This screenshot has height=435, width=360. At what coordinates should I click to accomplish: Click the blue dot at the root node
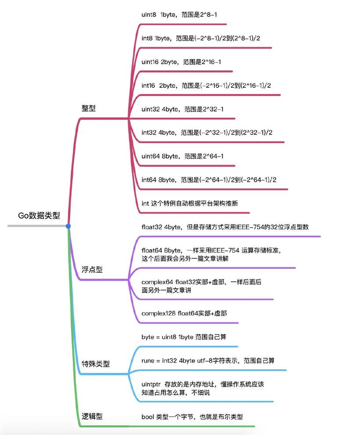68,226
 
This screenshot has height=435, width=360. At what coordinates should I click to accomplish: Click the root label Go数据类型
39,215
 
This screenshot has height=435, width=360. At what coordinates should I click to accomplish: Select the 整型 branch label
88,108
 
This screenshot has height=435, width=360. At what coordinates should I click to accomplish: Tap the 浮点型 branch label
92,269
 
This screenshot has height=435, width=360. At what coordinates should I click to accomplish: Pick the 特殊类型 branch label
96,364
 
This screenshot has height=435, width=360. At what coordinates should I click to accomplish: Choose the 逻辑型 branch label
92,416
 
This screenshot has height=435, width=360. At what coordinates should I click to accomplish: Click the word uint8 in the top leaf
149,14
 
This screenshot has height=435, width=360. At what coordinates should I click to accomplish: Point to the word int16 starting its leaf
148,85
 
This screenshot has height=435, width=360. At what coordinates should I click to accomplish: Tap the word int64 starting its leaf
149,180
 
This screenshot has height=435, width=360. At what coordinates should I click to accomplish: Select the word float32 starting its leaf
151,227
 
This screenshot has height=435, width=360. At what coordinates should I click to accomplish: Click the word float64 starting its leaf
151,250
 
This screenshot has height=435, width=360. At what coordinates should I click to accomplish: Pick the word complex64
157,282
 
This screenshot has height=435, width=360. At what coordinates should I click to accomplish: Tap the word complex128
158,313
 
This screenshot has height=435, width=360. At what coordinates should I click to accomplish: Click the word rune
148,361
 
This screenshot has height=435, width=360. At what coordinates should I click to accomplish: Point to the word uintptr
151,384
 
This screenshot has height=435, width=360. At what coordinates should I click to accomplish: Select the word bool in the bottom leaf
148,417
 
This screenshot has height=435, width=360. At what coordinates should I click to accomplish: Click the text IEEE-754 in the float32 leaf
249,227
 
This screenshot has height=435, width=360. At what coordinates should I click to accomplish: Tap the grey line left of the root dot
36,226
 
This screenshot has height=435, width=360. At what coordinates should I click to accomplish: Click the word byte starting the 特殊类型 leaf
148,337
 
